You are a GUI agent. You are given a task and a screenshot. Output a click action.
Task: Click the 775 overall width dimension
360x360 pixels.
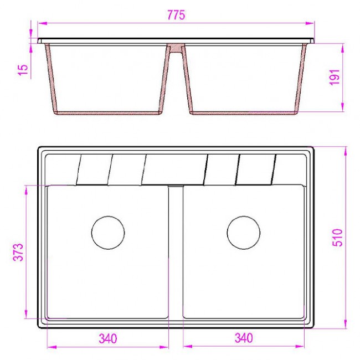tap(176, 15)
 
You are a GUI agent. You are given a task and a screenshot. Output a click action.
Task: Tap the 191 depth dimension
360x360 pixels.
tap(335, 77)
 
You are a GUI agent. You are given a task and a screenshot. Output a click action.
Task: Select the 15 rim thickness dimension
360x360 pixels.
tap(23, 70)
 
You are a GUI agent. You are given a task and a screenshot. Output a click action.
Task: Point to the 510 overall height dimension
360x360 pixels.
tap(337, 238)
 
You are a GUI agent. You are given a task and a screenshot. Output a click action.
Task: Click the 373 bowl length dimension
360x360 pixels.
tap(18, 252)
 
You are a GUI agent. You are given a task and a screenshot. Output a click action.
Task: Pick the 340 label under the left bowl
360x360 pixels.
tap(107, 338)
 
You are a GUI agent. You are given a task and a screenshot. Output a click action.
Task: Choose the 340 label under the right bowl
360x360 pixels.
tap(244, 338)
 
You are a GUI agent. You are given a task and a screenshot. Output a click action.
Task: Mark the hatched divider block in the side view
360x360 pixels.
tap(176, 48)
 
